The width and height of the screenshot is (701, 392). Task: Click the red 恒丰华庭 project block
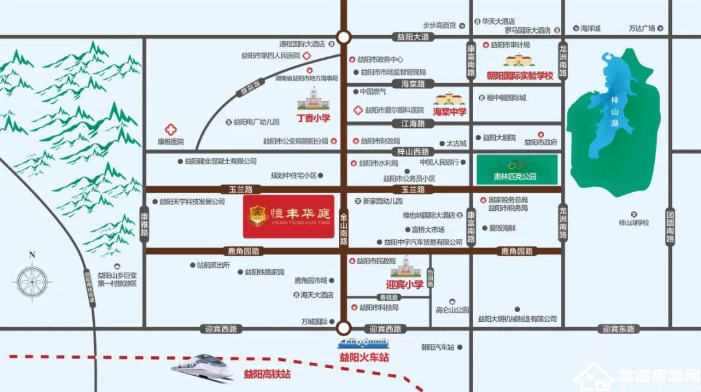tap(288, 216)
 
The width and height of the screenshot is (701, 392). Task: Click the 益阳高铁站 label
tap(267, 374)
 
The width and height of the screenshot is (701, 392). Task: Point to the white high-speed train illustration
tap(203, 367)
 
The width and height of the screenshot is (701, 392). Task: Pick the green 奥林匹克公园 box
tap(517, 169)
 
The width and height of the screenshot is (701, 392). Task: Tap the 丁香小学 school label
tap(314, 119)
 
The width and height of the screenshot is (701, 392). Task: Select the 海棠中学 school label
tap(450, 112)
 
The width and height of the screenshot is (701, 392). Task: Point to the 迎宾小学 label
tap(404, 284)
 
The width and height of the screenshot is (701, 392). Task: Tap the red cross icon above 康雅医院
tap(171, 129)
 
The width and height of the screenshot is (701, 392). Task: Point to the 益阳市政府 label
tap(541, 142)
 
